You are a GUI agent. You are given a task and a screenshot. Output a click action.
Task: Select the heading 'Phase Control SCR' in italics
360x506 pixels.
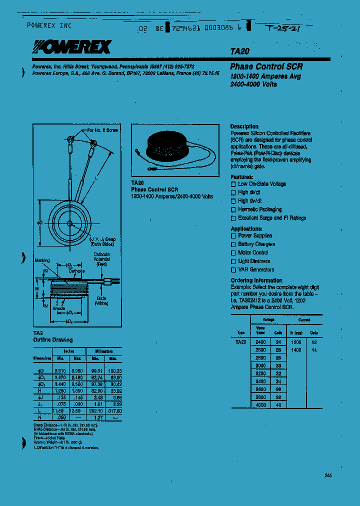(266, 66)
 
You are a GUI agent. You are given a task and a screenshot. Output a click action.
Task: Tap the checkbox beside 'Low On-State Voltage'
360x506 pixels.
(233, 184)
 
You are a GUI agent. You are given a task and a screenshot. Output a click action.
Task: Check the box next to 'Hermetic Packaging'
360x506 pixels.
(233, 209)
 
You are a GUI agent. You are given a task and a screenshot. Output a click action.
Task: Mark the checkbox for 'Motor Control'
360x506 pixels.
(233, 253)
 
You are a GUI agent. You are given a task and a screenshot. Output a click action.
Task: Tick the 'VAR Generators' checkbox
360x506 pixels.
(233, 270)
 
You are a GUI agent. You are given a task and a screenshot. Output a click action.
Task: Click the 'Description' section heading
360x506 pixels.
(244, 126)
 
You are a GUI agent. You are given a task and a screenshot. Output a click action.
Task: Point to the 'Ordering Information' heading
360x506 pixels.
(256, 280)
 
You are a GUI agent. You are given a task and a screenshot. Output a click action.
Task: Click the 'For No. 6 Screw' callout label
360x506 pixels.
(102, 130)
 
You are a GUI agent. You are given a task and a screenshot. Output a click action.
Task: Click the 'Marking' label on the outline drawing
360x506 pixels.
(42, 260)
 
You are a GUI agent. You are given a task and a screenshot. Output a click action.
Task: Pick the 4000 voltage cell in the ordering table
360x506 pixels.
(260, 404)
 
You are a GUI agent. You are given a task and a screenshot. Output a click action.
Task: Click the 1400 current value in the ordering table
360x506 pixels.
(296, 350)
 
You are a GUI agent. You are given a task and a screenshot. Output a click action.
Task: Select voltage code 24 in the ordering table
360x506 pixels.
(278, 342)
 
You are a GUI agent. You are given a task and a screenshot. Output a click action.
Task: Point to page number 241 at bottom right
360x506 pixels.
(327, 475)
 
